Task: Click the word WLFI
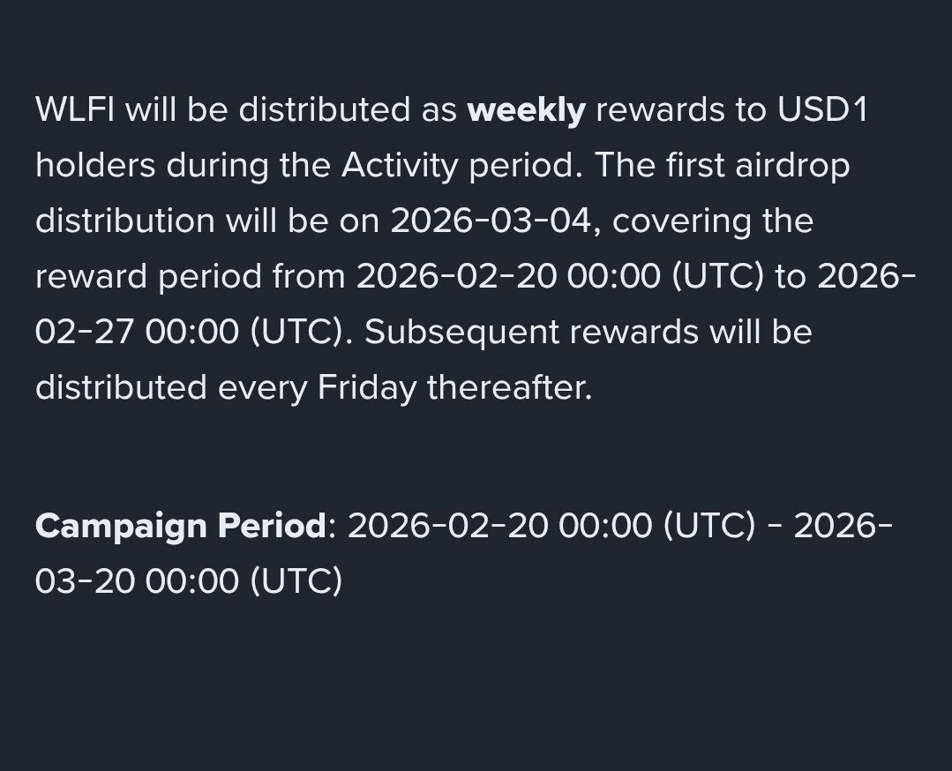pos(75,110)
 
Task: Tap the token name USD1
pos(822,110)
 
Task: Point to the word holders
pos(95,165)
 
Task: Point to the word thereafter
pos(509,387)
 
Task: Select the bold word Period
pos(272,525)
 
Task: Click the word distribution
pos(125,221)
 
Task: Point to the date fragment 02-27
pos(84,333)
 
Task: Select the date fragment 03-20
pos(85,581)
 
